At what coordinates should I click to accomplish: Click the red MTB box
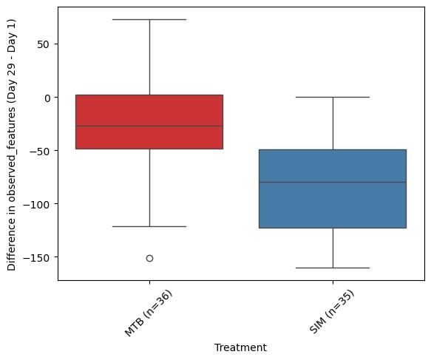click(x=149, y=122)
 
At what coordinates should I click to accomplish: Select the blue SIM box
click(x=333, y=189)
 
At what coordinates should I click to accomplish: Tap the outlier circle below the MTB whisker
click(x=149, y=258)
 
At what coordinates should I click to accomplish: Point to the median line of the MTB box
click(x=149, y=126)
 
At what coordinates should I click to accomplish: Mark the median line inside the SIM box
click(x=333, y=182)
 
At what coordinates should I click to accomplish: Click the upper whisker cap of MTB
click(x=149, y=19)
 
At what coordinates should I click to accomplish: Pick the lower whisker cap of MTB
click(x=149, y=226)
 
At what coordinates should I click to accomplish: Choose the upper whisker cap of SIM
click(x=333, y=97)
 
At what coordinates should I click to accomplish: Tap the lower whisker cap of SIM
click(x=333, y=268)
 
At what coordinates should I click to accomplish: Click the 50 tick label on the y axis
click(x=43, y=44)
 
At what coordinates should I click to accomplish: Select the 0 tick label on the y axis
click(x=47, y=98)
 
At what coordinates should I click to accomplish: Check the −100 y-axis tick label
click(x=37, y=204)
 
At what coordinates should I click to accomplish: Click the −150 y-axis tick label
click(x=37, y=257)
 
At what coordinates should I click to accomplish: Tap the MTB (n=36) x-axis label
click(x=149, y=313)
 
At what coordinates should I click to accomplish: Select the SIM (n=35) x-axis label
click(x=332, y=312)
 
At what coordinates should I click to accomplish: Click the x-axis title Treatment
click(x=240, y=347)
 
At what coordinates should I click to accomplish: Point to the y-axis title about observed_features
click(x=12, y=145)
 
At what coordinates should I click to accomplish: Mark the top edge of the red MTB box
click(x=149, y=95)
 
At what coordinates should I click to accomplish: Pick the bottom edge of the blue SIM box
click(x=333, y=228)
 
